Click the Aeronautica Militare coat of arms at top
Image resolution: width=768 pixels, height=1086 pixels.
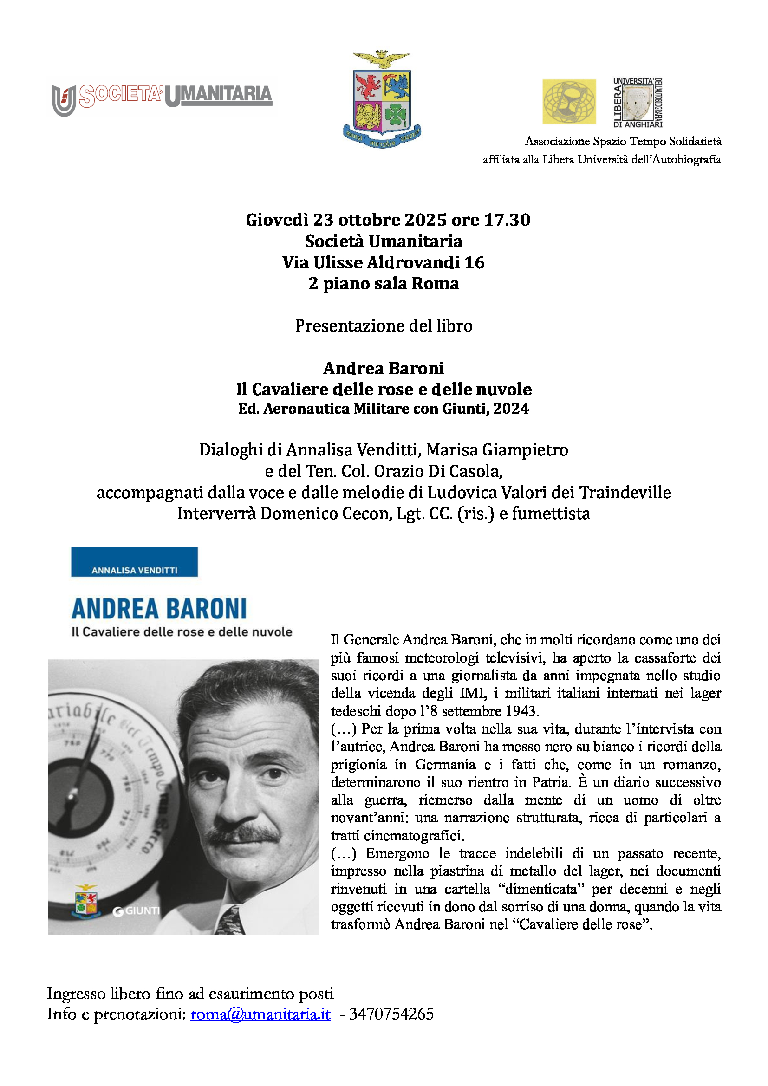(x=382, y=100)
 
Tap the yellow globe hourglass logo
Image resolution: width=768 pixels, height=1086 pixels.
(x=568, y=102)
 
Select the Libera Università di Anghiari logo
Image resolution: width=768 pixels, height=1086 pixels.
(x=638, y=103)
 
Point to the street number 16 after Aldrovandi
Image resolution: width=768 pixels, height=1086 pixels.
(x=475, y=262)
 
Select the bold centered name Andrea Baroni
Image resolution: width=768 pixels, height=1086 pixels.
(x=384, y=368)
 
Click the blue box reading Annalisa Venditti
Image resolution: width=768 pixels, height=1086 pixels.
(x=134, y=562)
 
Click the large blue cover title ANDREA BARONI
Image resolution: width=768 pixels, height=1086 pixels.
(x=159, y=609)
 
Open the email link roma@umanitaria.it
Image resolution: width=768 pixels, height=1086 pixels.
(x=260, y=1014)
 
